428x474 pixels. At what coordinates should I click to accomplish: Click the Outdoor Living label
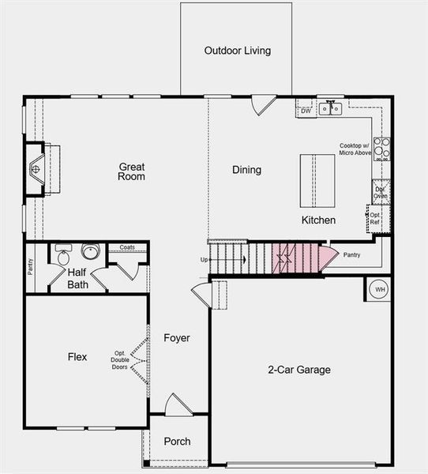237,51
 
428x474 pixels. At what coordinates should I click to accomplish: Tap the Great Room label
132,171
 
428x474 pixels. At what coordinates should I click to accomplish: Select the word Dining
246,170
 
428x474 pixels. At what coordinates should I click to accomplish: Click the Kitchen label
318,220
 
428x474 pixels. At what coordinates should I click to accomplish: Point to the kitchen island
317,178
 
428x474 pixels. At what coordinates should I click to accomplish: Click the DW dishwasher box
306,111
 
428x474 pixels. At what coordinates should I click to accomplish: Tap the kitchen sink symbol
329,106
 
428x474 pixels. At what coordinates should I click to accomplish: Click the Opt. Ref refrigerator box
375,218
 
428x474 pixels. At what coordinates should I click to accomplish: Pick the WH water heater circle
379,289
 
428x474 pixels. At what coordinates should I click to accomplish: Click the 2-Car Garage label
298,370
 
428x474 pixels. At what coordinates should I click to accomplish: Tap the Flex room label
77,357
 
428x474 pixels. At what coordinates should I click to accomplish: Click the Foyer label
177,338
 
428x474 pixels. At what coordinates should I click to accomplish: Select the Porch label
177,442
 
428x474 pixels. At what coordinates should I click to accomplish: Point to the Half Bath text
77,278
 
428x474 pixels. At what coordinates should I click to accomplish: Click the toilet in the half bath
63,254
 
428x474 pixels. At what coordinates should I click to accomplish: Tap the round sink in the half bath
91,253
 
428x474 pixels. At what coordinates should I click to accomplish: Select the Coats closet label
127,247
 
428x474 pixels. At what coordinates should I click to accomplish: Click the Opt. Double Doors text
120,359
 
